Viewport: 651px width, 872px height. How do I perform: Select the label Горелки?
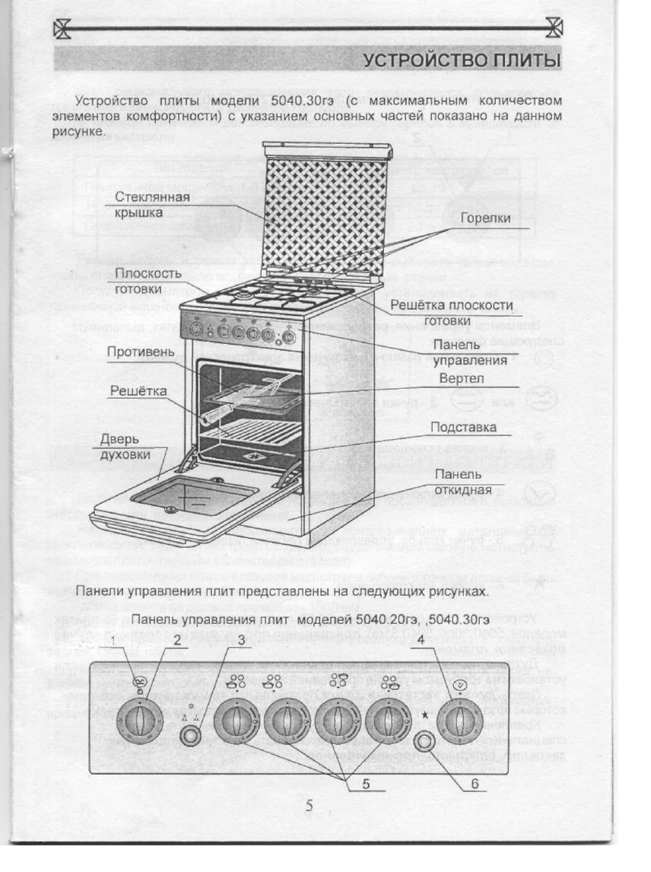(484, 219)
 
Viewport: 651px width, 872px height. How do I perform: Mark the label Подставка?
(463, 428)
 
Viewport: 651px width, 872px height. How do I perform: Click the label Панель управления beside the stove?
(465, 353)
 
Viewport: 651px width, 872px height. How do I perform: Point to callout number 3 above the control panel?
(241, 641)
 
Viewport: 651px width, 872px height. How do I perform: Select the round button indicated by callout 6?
(428, 740)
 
